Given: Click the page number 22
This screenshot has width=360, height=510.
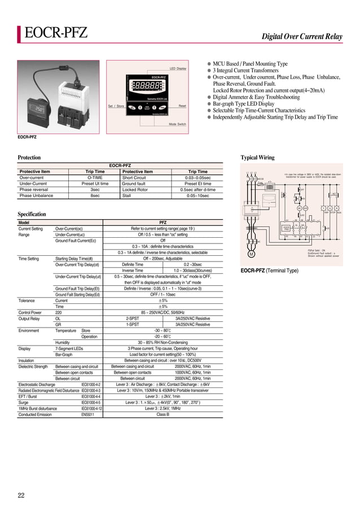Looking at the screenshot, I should [20, 496].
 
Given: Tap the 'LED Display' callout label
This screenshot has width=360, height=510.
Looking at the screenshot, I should [178, 68].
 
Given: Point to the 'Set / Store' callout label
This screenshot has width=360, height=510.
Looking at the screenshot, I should [116, 106].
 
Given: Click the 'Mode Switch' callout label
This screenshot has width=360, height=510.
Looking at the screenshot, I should [178, 124].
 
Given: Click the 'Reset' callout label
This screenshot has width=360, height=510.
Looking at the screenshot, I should [182, 106].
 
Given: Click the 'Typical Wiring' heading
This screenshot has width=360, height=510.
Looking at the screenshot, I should [257, 158].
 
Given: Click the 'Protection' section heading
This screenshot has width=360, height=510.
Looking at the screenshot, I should [29, 158].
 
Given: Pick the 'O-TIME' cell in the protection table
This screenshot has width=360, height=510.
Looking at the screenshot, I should [95, 177].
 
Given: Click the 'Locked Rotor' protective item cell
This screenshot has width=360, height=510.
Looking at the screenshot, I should [135, 190].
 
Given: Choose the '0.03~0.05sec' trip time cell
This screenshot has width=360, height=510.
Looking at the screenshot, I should [197, 177].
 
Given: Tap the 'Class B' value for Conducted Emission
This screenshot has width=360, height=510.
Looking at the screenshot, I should [163, 415].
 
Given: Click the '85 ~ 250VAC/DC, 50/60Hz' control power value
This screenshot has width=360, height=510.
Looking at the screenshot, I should [163, 312].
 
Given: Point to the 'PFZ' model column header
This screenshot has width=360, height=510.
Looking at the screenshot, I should [163, 223].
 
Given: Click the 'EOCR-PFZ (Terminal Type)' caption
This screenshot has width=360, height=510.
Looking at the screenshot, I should [270, 271].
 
